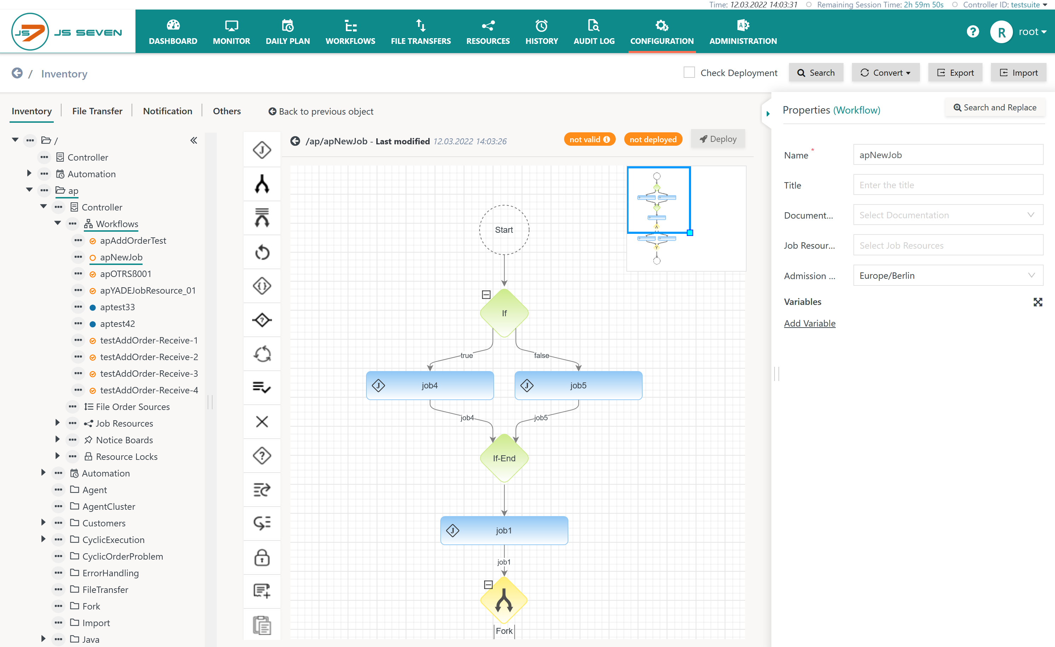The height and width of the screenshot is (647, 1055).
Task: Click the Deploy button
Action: click(718, 139)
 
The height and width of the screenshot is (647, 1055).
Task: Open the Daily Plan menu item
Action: click(288, 32)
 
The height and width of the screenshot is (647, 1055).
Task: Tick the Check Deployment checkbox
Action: click(689, 73)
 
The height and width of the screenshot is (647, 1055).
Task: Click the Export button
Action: click(955, 73)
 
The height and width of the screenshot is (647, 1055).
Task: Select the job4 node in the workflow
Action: click(430, 385)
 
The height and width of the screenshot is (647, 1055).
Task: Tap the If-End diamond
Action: click(504, 458)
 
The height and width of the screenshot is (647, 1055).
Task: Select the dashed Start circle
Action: click(504, 230)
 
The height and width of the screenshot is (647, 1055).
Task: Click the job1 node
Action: click(504, 531)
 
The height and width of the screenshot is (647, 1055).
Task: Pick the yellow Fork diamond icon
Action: click(504, 600)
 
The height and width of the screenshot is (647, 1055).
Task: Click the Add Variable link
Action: click(810, 323)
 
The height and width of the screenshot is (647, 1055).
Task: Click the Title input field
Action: click(948, 185)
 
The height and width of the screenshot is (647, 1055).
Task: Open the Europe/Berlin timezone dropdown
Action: click(948, 275)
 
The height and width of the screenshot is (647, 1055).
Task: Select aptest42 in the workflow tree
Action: click(117, 324)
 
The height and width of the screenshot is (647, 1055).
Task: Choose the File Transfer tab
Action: click(97, 111)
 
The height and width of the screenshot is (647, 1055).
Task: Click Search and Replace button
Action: click(995, 108)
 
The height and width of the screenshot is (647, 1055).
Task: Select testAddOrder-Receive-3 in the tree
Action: click(149, 374)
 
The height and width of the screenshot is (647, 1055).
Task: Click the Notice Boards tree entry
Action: click(124, 440)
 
